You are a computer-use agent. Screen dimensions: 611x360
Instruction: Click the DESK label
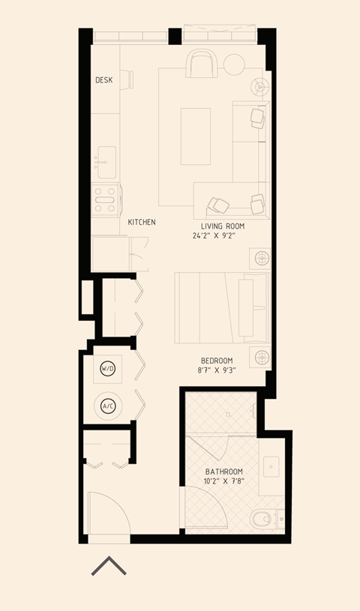point(104,80)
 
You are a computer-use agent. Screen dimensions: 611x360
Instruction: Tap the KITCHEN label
point(142,223)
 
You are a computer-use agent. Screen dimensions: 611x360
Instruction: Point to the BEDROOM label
point(217,360)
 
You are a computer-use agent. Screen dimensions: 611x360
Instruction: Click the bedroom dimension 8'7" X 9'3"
point(217,370)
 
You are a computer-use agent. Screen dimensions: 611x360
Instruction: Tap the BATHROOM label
point(223,472)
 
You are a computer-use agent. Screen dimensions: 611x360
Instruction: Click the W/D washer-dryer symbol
point(108,369)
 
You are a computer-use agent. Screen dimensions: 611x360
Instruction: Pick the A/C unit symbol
point(108,406)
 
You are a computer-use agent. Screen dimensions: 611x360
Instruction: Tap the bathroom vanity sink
point(271,466)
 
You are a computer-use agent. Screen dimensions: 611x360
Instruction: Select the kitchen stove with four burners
point(105,200)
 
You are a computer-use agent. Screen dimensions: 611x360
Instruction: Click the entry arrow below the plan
point(109,566)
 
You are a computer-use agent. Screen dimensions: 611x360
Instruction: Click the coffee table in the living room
point(196,136)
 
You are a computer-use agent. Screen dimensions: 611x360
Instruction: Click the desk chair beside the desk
point(126,80)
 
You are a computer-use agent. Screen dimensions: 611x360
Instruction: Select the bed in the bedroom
point(221,306)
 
